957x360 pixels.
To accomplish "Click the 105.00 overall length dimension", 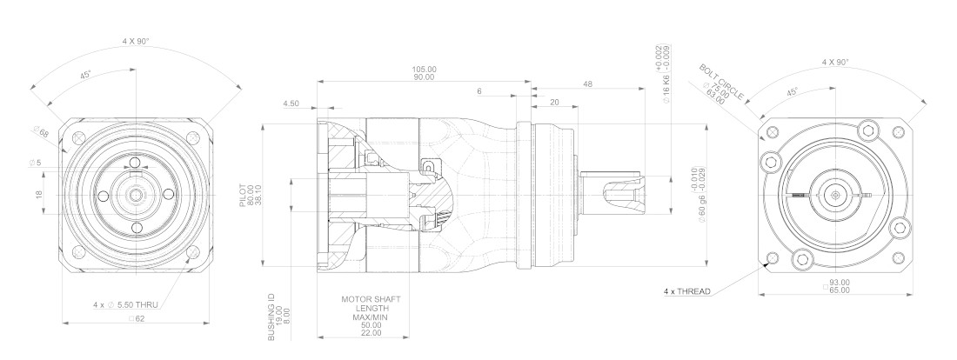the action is [425, 70].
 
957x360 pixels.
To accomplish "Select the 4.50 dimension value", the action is [291, 103].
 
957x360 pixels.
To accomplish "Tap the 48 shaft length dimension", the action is [588, 84].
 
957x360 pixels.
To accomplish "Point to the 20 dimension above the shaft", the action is [554, 103].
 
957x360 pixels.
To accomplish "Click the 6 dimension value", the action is [479, 91].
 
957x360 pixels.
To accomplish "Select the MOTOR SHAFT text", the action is [371, 300].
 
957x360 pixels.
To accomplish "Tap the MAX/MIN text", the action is [371, 317].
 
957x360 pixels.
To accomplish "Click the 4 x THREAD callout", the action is [687, 291].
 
